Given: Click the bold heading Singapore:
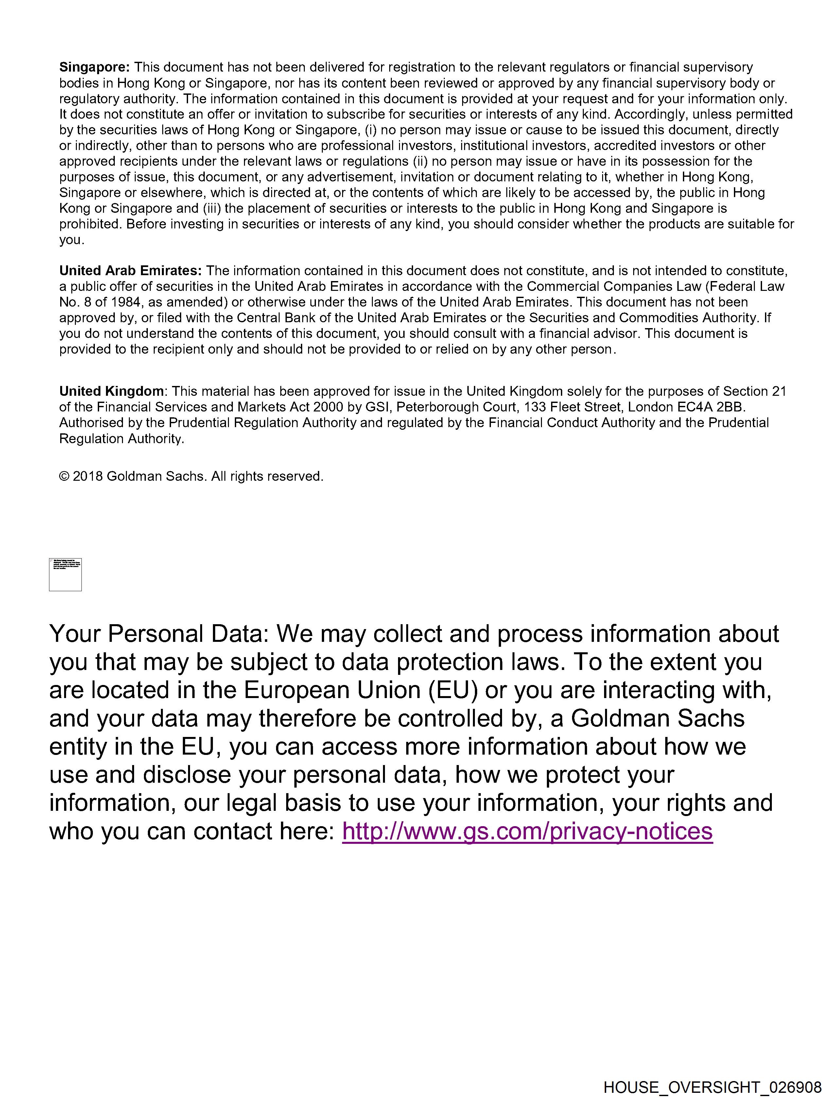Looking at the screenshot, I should pos(94,67).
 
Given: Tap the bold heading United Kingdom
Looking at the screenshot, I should pos(111,391).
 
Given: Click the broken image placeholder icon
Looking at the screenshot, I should pos(65,575).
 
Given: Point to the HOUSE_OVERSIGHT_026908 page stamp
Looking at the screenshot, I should pos(712,1088).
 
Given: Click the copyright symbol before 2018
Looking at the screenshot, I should pos(64,476).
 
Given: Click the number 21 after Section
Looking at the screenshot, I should pos(779,391).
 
